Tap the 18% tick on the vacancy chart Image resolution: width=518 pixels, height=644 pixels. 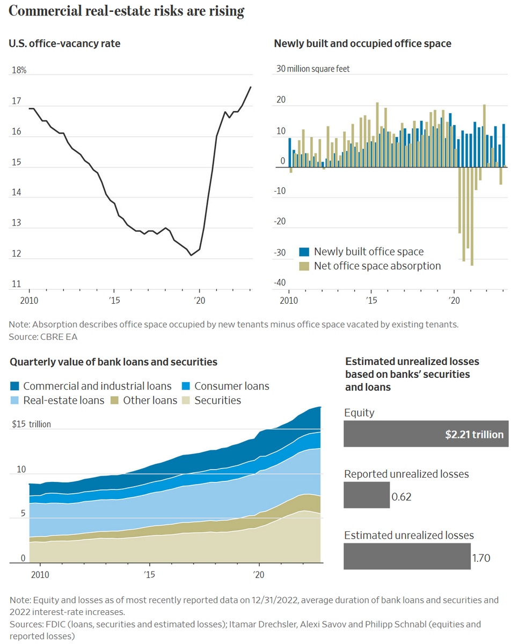[19, 70]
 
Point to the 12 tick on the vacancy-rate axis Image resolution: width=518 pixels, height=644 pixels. [17, 253]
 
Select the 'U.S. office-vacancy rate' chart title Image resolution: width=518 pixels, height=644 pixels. [64, 43]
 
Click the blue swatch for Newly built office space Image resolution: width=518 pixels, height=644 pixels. [304, 252]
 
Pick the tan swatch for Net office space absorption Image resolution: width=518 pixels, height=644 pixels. [304, 266]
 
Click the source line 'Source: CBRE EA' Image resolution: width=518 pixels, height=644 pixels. [40, 336]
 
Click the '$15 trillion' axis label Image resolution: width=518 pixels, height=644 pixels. [31, 424]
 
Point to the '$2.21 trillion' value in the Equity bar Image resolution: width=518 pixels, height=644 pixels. [474, 434]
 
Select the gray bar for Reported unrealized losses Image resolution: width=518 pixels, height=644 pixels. [367, 495]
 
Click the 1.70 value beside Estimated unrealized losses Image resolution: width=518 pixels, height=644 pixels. [481, 558]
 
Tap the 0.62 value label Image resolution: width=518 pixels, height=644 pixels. [402, 497]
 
